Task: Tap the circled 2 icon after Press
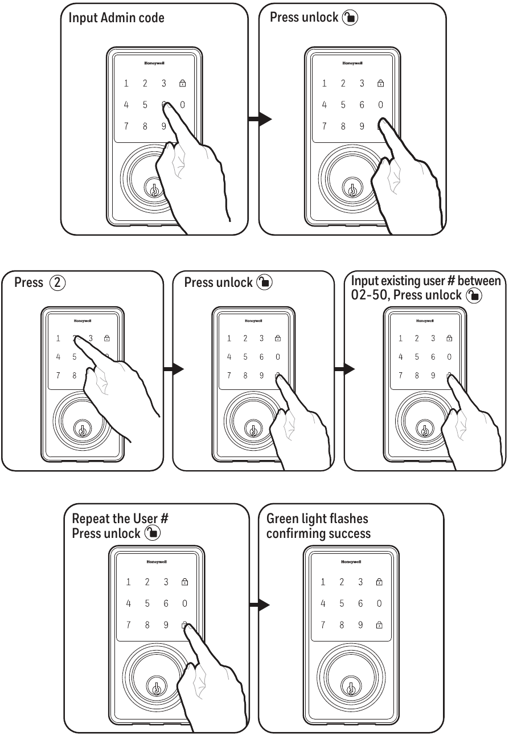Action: coord(58,282)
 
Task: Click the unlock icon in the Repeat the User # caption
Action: coord(153,533)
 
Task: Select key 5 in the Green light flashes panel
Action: coord(342,603)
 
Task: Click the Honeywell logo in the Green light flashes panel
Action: coord(351,562)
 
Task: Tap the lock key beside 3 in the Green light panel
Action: coord(379,582)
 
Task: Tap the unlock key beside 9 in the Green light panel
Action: coord(379,625)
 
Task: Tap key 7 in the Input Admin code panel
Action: coord(126,126)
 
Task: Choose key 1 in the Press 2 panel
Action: coord(58,339)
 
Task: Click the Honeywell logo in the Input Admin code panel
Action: coord(154,63)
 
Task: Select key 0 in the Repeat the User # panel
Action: coord(184,603)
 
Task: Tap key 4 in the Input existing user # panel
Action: coord(400,357)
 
